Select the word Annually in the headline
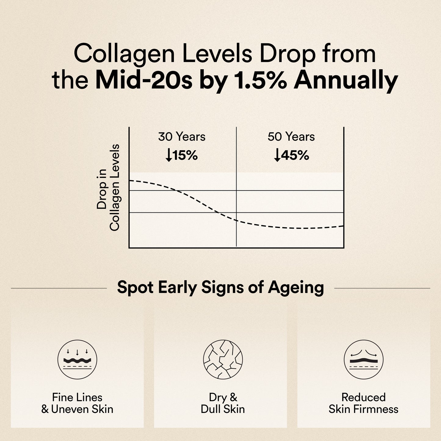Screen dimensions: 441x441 point(345,81)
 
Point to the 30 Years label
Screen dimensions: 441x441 point(182,137)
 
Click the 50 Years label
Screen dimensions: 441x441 point(291,137)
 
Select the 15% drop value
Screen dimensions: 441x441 point(185,156)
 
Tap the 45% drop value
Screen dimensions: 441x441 point(295,156)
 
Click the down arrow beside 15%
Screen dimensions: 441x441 point(169,156)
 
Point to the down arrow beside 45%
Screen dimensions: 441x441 point(277,156)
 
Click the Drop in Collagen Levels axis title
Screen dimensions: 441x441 point(108,188)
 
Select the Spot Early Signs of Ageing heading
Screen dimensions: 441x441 point(220,287)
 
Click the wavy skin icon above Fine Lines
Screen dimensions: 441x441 point(77,360)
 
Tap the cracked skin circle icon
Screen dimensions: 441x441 point(223,360)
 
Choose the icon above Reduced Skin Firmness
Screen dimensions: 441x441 point(363,360)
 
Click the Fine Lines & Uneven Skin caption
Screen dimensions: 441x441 point(77,403)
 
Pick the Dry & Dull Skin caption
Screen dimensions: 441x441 point(223,403)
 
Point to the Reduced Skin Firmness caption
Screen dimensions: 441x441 point(363,403)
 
